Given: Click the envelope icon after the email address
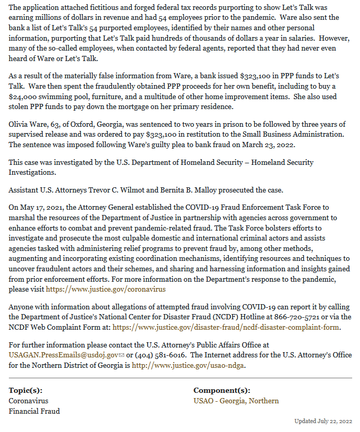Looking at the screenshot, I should (122, 355).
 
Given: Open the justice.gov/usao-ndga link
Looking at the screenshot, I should (188, 365).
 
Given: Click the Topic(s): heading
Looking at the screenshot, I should (26, 390).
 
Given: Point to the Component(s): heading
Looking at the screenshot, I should (222, 390).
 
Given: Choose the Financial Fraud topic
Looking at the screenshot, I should (34, 411).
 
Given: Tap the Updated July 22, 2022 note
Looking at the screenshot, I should (323, 421).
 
